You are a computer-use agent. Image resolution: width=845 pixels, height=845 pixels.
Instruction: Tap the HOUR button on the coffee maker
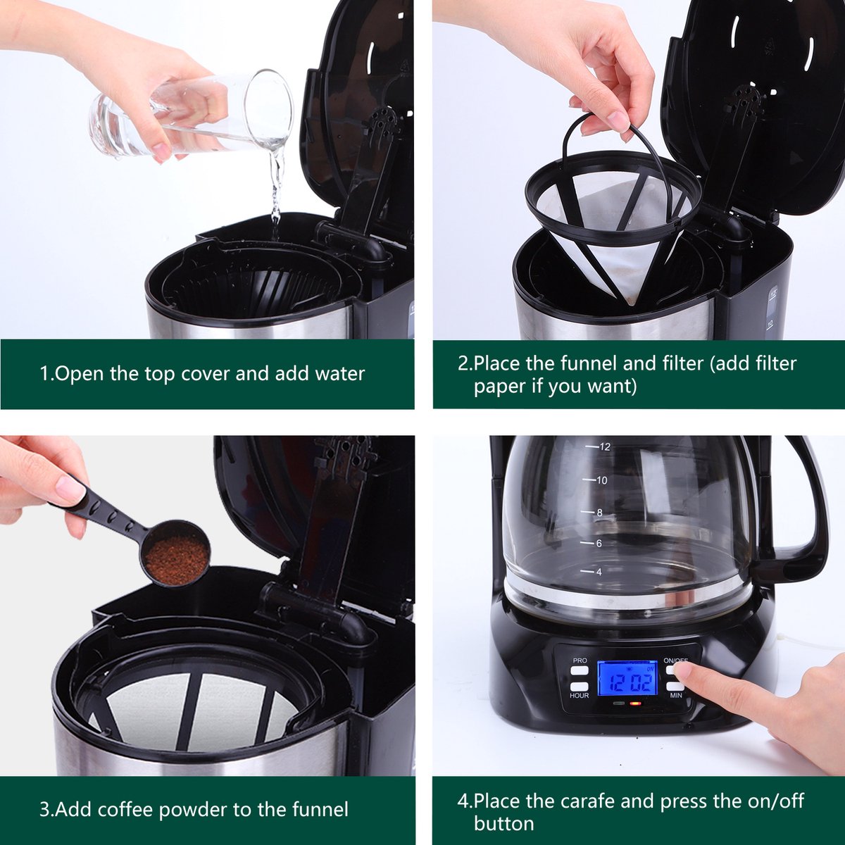pos(579,687)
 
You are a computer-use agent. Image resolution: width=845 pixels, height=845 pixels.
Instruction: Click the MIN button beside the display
pos(674,687)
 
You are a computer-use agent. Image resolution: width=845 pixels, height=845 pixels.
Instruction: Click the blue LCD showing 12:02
pos(628,682)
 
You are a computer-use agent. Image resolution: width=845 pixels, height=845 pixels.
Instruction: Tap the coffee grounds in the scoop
pos(176,557)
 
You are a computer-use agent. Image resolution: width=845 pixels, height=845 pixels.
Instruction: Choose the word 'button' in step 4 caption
pos(504,822)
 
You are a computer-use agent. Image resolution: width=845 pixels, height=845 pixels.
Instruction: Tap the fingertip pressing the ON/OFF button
pos(684,670)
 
